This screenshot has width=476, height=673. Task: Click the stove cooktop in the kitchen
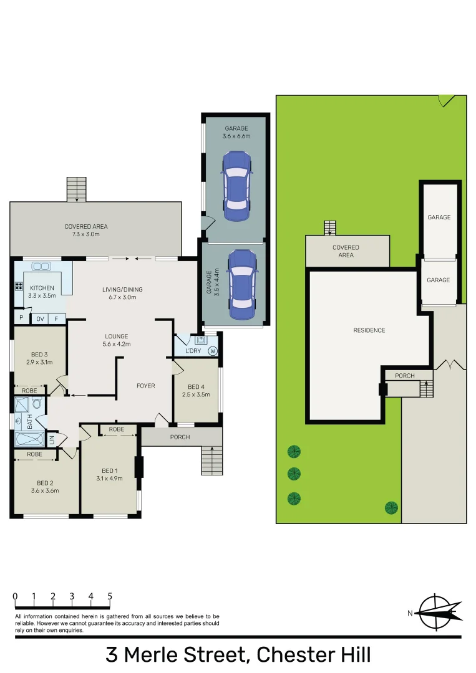19,288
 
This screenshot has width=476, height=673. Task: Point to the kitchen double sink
42,266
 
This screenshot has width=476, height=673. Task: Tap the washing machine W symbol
213,351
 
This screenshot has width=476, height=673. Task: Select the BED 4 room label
196,386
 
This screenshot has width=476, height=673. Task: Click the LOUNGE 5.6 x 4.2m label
117,340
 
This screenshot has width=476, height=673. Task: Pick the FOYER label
145,386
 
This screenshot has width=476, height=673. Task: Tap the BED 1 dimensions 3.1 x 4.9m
109,479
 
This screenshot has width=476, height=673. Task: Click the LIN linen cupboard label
52,439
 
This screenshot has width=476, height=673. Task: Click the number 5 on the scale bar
110,596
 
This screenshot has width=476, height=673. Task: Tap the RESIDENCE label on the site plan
369,330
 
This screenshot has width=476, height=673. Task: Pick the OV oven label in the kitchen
39,318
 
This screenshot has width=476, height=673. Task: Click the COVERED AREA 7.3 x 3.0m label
82,230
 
